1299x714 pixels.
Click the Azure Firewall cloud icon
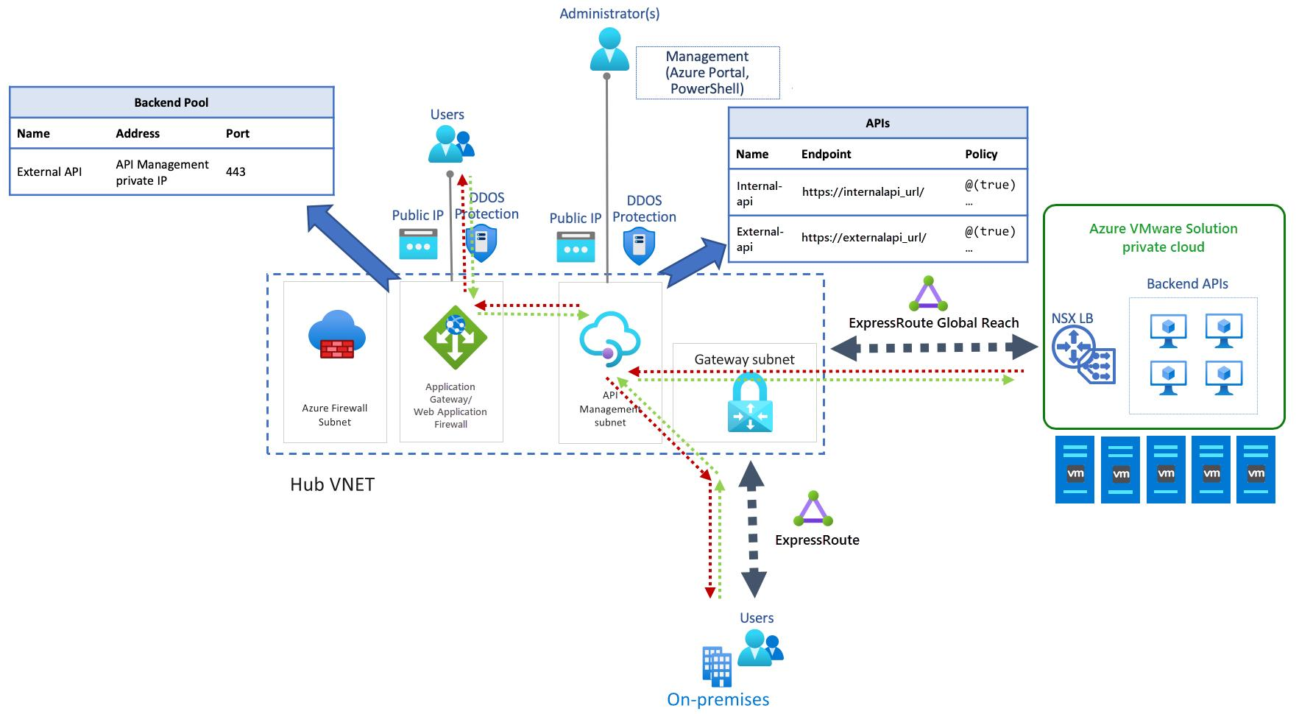[336, 334]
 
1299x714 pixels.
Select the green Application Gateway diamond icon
[455, 336]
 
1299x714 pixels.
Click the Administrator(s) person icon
[609, 49]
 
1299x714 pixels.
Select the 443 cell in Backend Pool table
[236, 172]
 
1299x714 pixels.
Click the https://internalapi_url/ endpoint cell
[863, 191]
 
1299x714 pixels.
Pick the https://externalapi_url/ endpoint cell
[863, 238]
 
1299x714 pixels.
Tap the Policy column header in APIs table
[981, 154]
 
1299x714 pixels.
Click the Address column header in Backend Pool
[138, 133]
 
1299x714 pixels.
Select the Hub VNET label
[332, 484]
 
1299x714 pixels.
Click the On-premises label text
[718, 699]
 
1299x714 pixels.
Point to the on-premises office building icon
[716, 666]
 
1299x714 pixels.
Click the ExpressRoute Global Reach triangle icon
[927, 294]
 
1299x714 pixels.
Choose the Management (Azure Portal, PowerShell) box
[707, 72]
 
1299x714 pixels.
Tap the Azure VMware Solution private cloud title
[1163, 238]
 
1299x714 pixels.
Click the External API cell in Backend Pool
[49, 172]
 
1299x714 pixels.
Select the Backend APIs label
[1186, 283]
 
